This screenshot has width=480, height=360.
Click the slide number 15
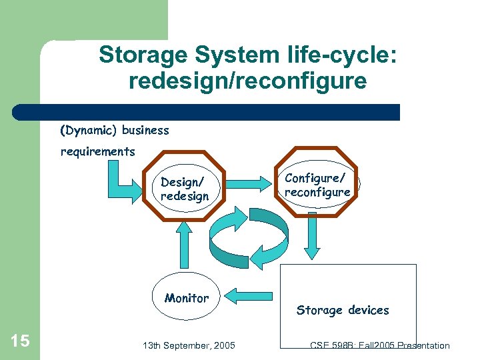click(x=21, y=341)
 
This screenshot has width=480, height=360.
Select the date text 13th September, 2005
click(x=189, y=345)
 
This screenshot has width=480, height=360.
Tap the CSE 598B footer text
click(x=379, y=345)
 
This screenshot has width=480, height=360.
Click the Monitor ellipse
click(x=187, y=298)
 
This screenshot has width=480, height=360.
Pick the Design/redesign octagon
click(x=185, y=189)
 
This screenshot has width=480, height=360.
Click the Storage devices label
click(x=343, y=310)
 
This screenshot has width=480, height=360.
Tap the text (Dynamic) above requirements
click(x=89, y=130)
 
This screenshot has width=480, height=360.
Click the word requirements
click(x=97, y=151)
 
